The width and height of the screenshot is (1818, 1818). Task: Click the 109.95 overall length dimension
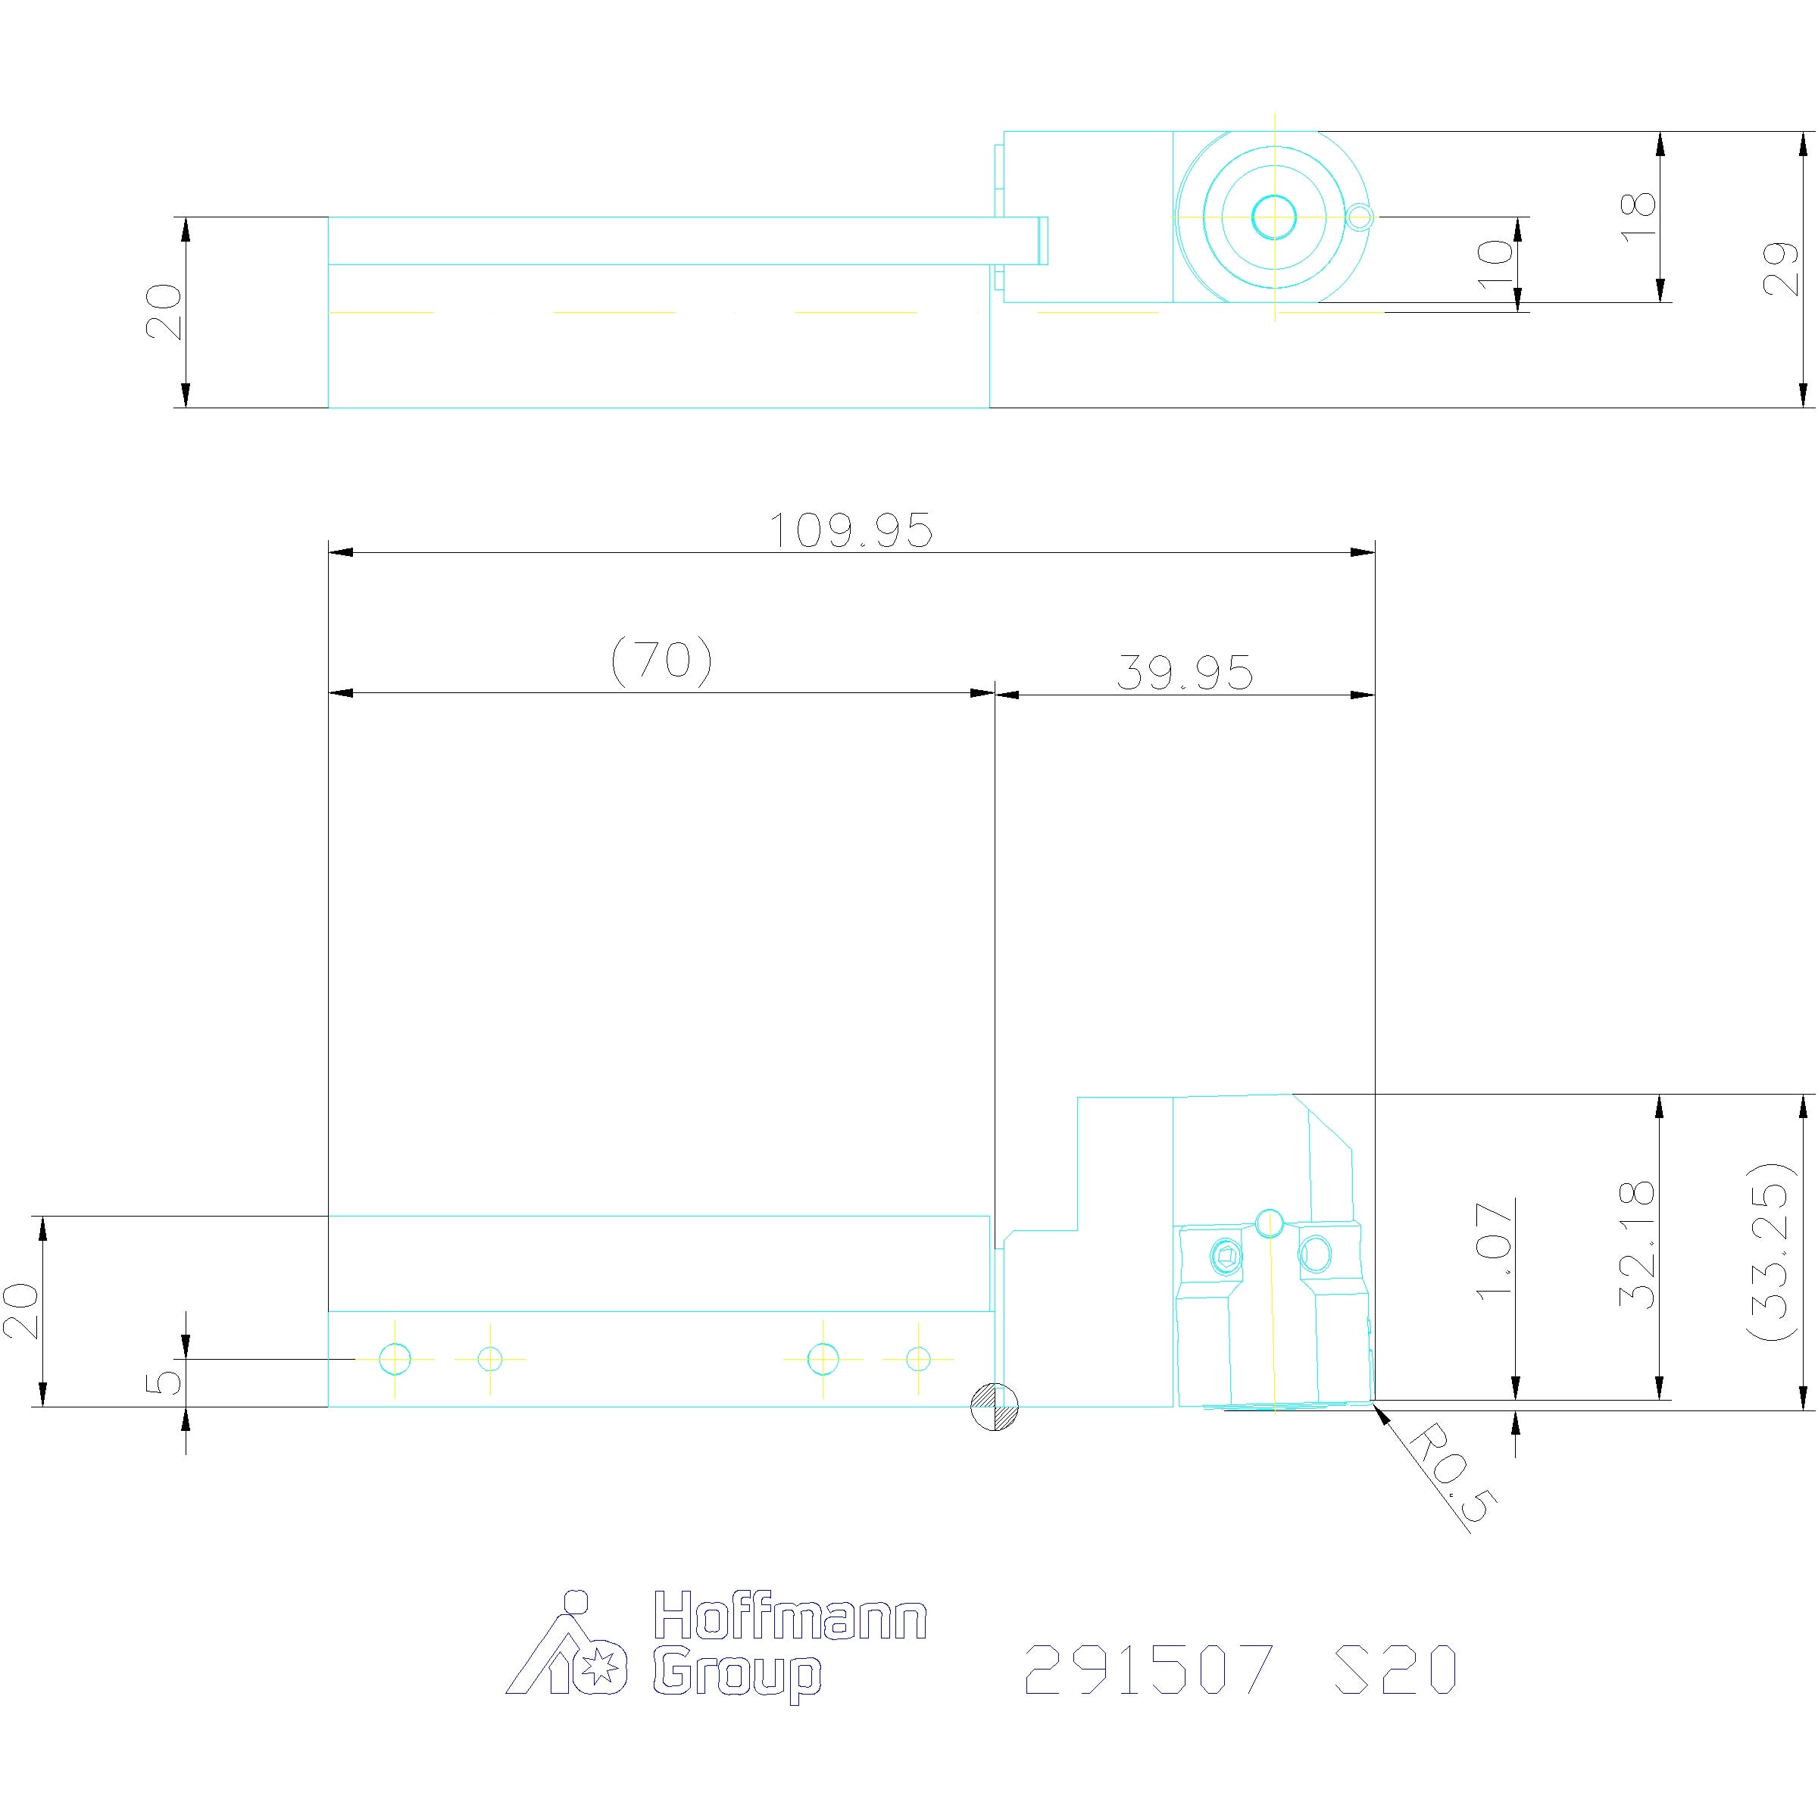click(x=851, y=531)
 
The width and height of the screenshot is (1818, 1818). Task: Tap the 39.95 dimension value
click(x=1185, y=673)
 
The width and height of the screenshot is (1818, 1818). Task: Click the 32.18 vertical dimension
click(x=1637, y=1244)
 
